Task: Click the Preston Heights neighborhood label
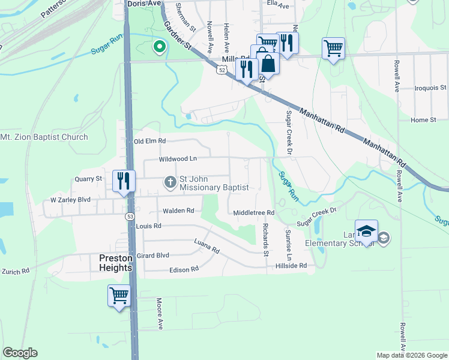(115, 263)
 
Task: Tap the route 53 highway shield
(130, 216)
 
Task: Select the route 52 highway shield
(222, 71)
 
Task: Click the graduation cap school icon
(366, 231)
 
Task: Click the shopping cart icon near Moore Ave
(119, 295)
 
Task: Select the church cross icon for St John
(170, 182)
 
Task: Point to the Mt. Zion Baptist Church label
(44, 137)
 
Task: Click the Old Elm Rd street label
(149, 141)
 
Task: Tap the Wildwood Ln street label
(178, 160)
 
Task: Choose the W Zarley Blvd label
(70, 199)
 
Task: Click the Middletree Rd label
(253, 213)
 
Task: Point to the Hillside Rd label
(291, 265)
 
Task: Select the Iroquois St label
(430, 88)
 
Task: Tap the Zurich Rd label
(15, 272)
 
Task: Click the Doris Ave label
(145, 4)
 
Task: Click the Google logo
(20, 353)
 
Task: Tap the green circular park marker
(159, 46)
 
